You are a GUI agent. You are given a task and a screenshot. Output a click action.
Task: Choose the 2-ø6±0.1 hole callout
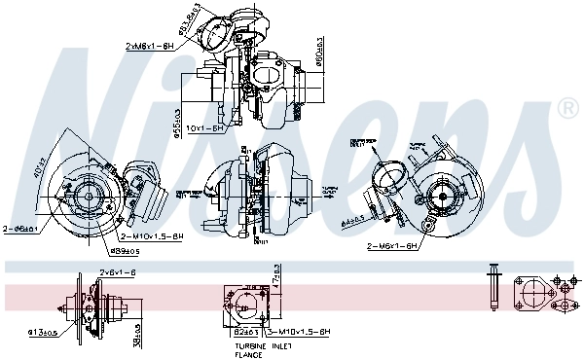[x=20, y=229]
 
